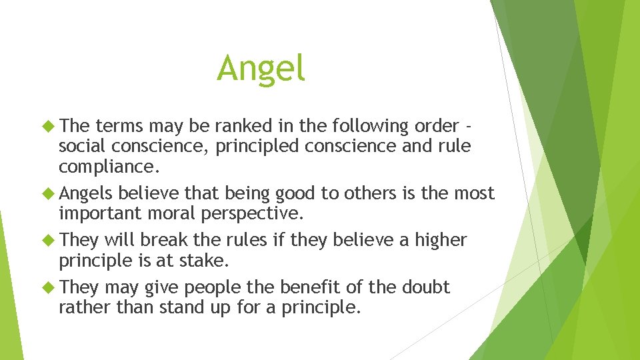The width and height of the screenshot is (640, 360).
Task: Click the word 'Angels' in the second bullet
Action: point(85,194)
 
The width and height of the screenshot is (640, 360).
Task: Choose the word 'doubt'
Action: point(425,287)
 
